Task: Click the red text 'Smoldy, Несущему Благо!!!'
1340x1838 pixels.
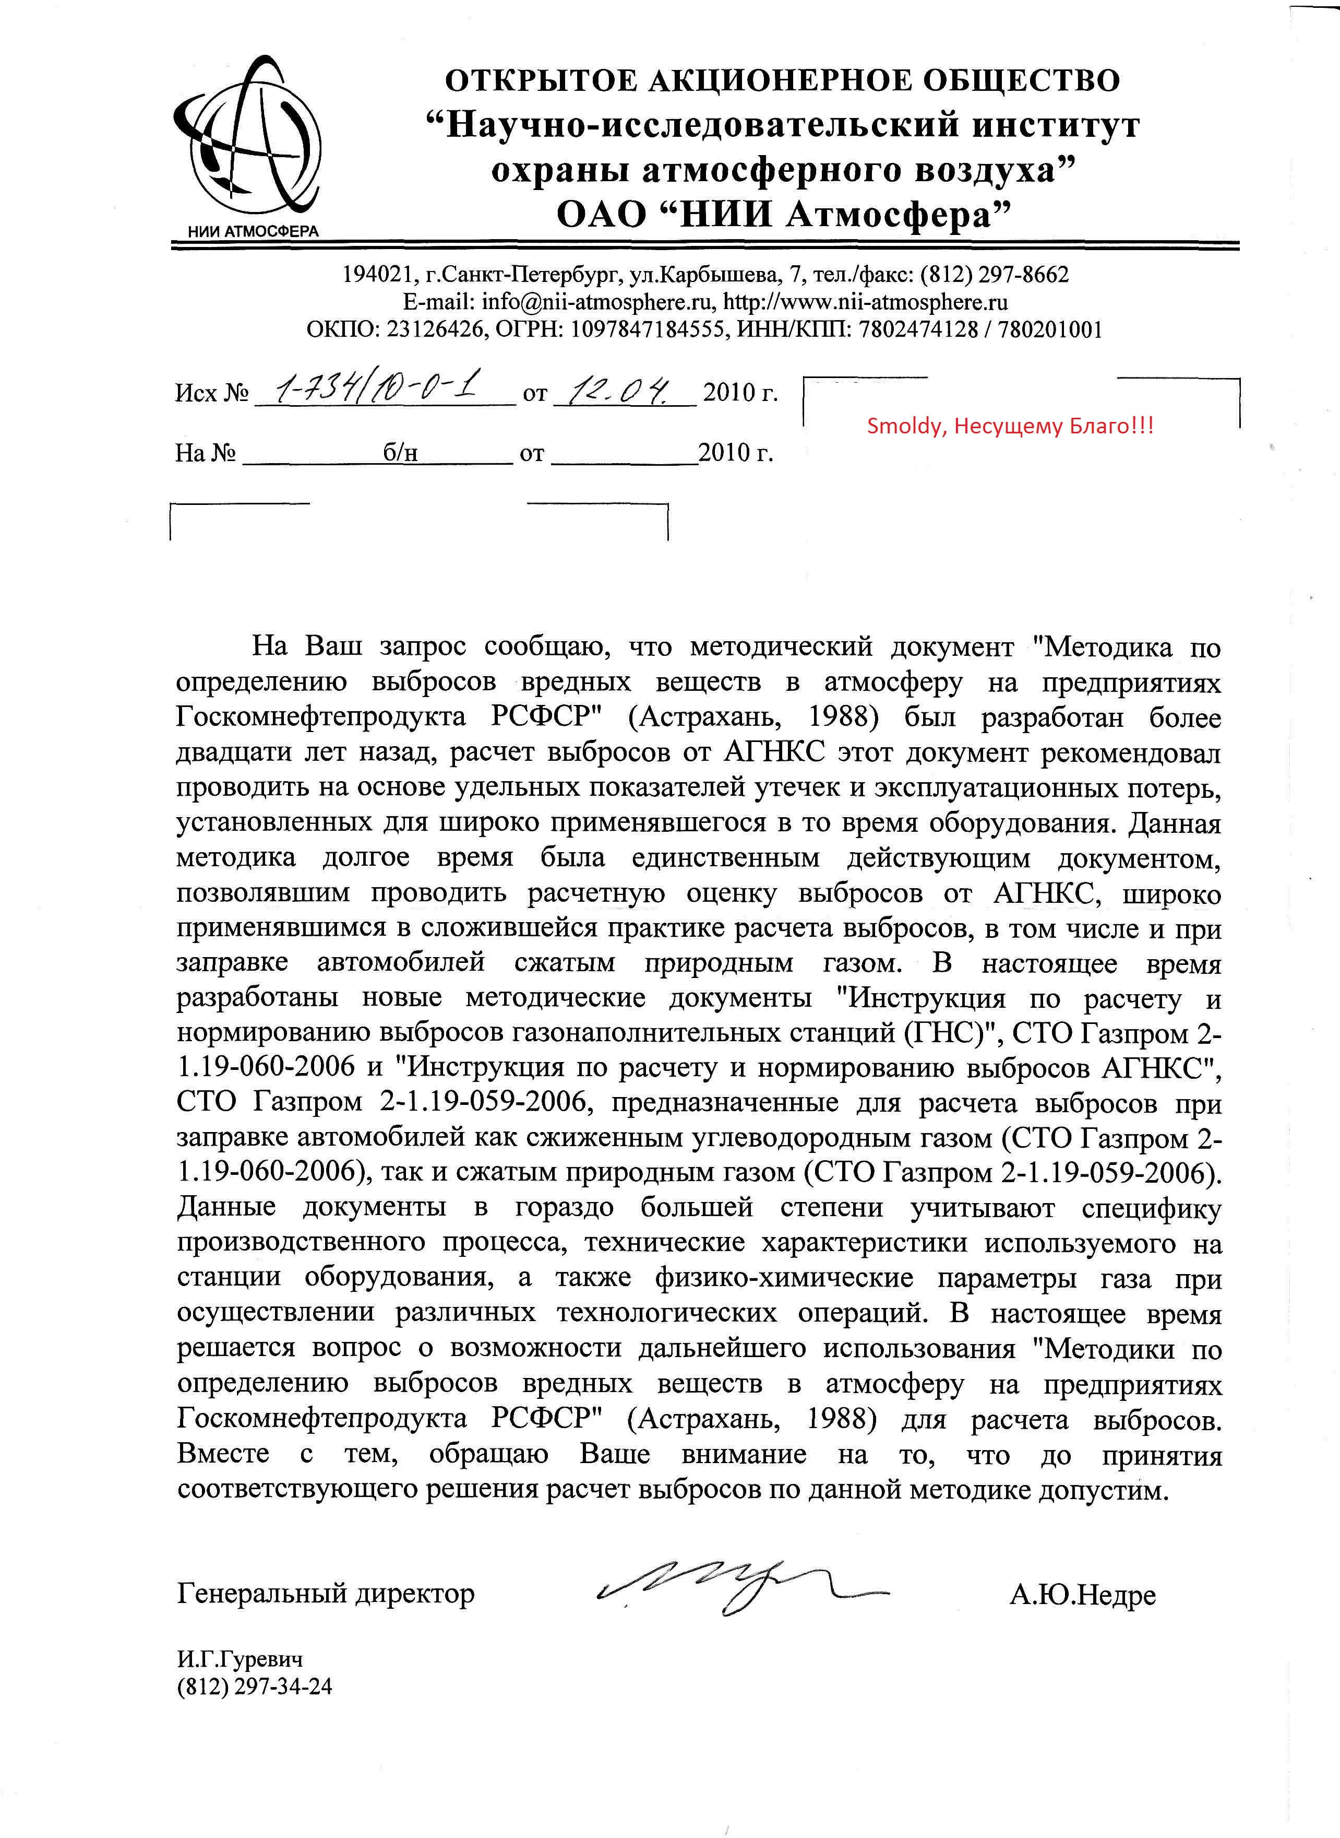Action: [1010, 426]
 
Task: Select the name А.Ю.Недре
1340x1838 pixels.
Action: [1082, 1595]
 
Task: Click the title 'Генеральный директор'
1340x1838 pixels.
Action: [325, 1594]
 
